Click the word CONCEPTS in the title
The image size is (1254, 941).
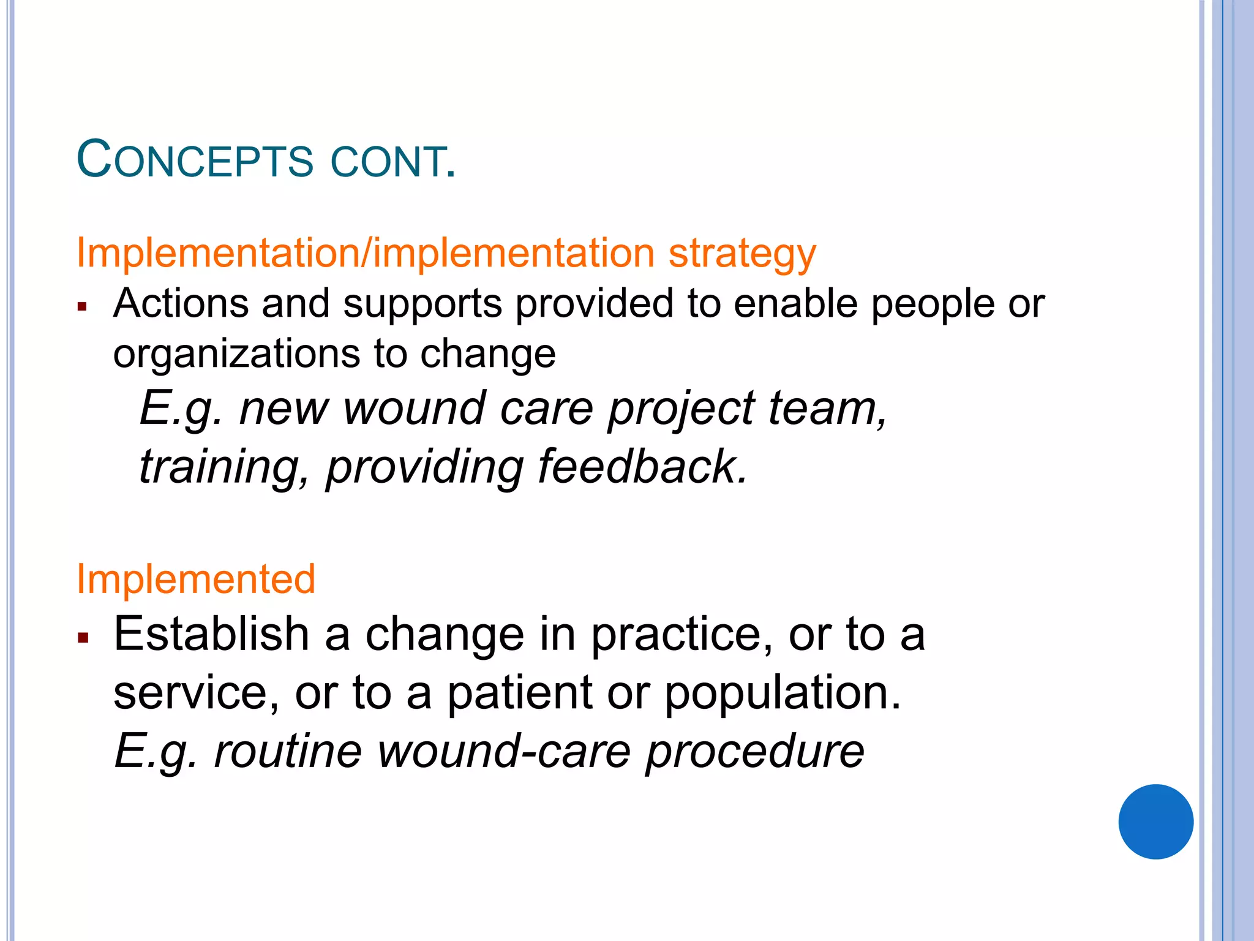point(195,161)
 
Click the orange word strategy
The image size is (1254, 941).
point(742,254)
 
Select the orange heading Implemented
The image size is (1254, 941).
point(195,579)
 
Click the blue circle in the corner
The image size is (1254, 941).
point(1155,822)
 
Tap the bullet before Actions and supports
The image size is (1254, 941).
point(83,306)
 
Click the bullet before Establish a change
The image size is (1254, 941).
point(83,638)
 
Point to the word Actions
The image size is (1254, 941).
point(181,303)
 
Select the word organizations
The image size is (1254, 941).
point(237,354)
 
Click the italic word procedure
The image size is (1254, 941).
point(754,752)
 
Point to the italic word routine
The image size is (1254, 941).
point(288,752)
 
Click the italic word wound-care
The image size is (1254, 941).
point(503,752)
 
